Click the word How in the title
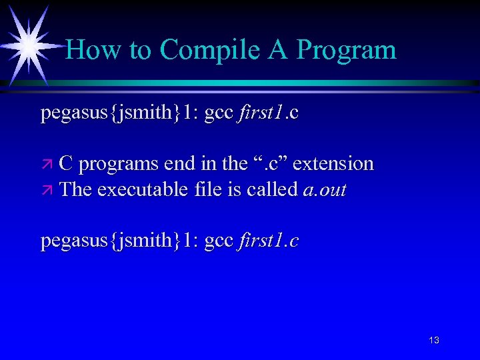tap(89, 50)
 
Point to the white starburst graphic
tap(29, 45)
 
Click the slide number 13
tap(434, 341)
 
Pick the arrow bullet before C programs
tap(46, 164)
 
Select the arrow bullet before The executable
tap(46, 191)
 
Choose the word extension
tap(333, 164)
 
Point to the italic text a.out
tap(325, 191)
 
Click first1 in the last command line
tap(260, 241)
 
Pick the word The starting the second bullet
tap(75, 191)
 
